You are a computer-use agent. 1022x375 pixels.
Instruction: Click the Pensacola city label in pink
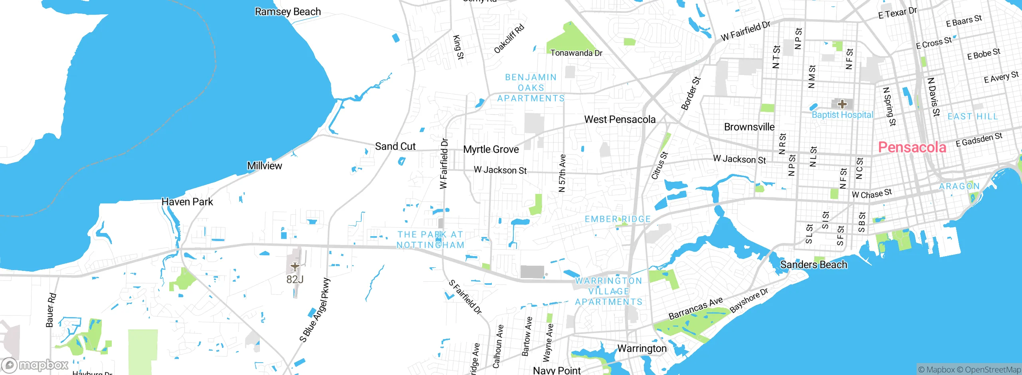(x=912, y=148)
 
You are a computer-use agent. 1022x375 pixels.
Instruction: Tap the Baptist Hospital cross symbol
(x=842, y=104)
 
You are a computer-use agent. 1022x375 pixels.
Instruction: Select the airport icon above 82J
(x=295, y=266)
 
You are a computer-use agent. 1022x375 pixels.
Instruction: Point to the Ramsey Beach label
(x=287, y=12)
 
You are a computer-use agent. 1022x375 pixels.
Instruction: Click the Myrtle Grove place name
(x=491, y=150)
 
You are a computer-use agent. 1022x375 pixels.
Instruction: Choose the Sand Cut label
(x=395, y=146)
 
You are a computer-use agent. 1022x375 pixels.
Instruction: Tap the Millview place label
(x=264, y=166)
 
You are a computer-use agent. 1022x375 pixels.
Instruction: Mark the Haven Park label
(x=187, y=202)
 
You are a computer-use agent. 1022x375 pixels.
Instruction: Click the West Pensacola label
(x=620, y=119)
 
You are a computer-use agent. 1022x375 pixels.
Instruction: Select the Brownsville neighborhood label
(x=749, y=127)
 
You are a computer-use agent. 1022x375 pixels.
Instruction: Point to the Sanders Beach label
(x=813, y=264)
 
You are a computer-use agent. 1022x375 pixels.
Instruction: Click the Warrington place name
(x=642, y=348)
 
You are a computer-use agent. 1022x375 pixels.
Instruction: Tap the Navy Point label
(x=557, y=370)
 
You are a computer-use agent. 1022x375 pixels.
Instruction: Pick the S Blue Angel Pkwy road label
(x=315, y=310)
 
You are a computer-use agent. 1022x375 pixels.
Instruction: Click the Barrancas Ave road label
(x=695, y=308)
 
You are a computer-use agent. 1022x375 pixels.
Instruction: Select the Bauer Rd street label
(x=51, y=310)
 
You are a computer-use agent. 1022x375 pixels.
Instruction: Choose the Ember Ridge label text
(x=618, y=219)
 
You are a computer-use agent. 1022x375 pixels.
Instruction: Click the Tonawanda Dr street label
(x=576, y=53)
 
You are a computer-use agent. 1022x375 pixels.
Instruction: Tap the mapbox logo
(x=35, y=365)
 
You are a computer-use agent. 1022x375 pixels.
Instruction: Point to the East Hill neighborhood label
(x=972, y=116)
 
